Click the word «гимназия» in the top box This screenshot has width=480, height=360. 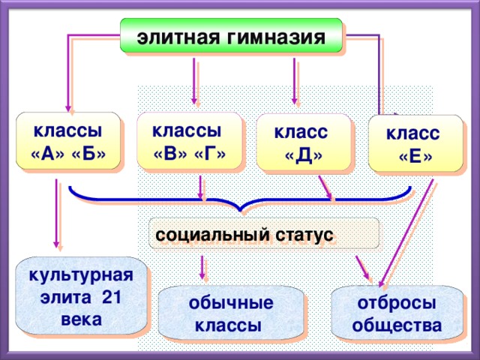click(x=277, y=37)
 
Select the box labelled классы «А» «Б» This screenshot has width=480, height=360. click(x=68, y=141)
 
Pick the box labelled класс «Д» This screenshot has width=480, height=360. click(x=302, y=142)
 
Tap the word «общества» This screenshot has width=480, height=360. click(x=397, y=325)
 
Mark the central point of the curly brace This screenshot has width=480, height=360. click(x=239, y=207)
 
